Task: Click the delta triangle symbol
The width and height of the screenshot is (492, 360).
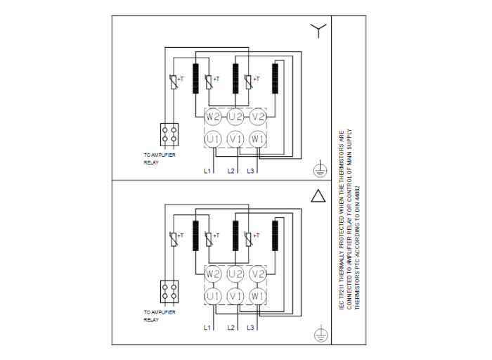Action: [318, 195]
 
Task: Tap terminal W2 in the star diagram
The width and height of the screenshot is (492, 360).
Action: [213, 115]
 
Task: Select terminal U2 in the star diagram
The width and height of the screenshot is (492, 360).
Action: [235, 115]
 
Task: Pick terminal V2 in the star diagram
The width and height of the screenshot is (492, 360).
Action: [258, 115]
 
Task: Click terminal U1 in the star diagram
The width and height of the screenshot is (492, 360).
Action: [213, 139]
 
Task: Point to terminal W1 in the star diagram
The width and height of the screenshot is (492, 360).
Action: [258, 139]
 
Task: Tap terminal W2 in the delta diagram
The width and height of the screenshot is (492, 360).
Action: [213, 273]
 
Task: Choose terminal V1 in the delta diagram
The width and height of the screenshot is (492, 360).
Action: [235, 296]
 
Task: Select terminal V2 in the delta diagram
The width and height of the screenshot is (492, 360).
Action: [258, 273]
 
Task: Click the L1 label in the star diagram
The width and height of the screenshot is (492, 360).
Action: [208, 171]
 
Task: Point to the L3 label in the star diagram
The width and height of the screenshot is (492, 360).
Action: [251, 171]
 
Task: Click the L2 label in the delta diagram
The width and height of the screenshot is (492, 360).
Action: [230, 328]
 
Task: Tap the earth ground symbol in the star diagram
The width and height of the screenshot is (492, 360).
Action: [318, 168]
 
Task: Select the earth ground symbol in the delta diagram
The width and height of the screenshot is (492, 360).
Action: [318, 333]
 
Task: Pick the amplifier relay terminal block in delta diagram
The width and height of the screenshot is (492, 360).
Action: [169, 291]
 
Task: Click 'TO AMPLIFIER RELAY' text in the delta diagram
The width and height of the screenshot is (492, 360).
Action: [160, 316]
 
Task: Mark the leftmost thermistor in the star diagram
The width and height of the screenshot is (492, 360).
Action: [174, 82]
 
